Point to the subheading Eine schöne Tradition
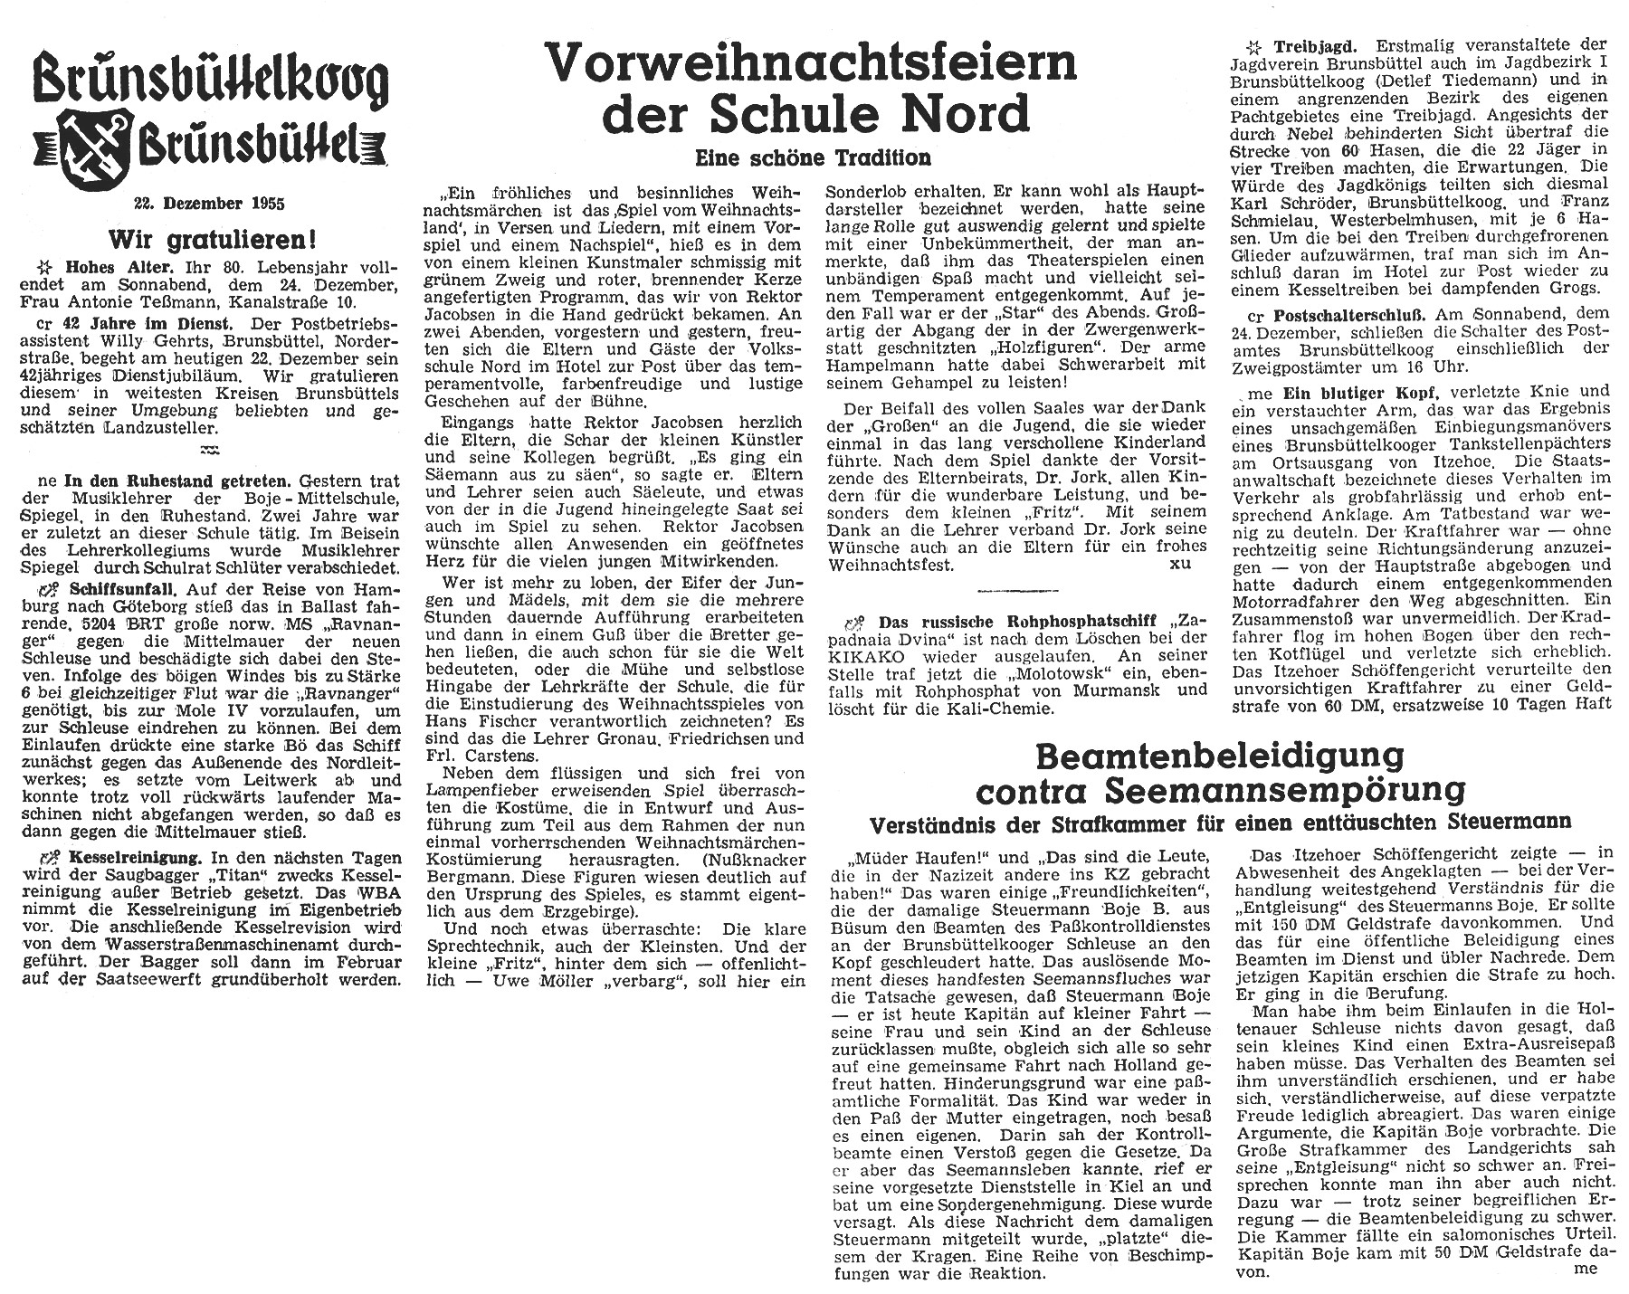pyautogui.click(x=813, y=157)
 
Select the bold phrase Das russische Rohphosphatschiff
pyautogui.click(x=1011, y=622)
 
